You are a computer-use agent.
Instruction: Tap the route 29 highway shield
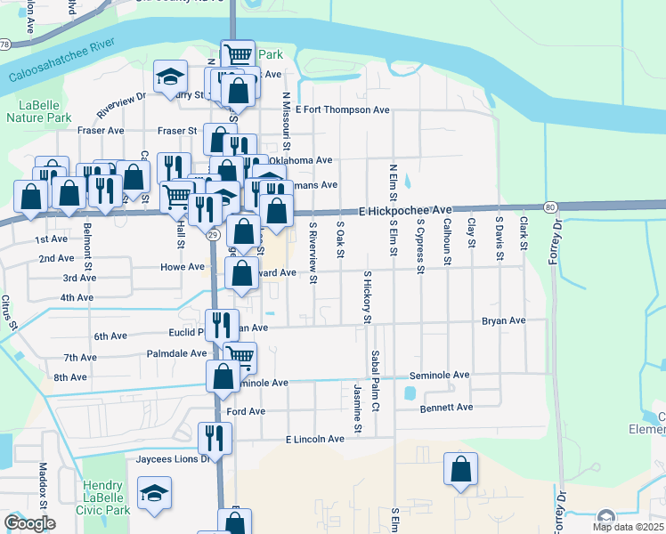coord(213,234)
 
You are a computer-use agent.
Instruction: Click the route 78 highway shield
coord(5,44)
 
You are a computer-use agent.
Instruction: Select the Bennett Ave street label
coord(447,407)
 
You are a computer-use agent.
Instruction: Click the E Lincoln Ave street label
coord(314,440)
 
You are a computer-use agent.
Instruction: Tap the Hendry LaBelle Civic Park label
coord(106,498)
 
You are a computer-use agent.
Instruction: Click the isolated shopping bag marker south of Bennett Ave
coord(461,469)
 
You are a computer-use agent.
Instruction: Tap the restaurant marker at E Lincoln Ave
coord(215,437)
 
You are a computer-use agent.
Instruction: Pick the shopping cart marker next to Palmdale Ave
coord(240,357)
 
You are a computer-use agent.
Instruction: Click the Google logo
coord(29,523)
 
